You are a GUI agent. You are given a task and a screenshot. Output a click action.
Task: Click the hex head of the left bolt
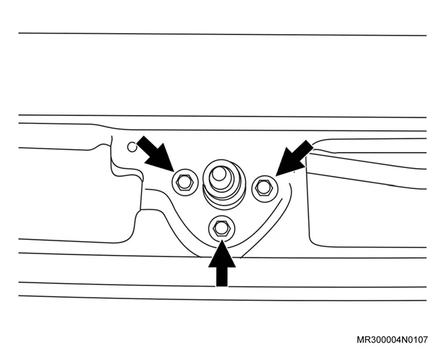(185, 182)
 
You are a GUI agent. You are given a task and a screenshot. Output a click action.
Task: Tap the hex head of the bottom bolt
(221, 227)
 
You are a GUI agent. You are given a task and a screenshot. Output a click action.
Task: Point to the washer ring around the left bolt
(172, 182)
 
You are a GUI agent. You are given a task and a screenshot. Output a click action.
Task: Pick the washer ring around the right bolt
(253, 188)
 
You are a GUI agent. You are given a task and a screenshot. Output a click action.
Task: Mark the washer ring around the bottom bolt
(209, 227)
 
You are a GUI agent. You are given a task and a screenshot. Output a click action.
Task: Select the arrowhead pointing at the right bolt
(287, 164)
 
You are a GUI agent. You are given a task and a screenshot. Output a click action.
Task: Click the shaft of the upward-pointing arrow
(221, 277)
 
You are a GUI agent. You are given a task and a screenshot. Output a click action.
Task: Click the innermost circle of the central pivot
(219, 174)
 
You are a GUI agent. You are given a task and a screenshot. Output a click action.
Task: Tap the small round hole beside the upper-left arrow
(132, 147)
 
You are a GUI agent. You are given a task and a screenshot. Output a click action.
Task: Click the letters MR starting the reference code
(363, 340)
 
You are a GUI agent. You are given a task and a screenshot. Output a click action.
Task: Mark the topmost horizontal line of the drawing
(223, 34)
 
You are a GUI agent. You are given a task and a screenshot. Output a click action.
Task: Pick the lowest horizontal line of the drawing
(223, 298)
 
